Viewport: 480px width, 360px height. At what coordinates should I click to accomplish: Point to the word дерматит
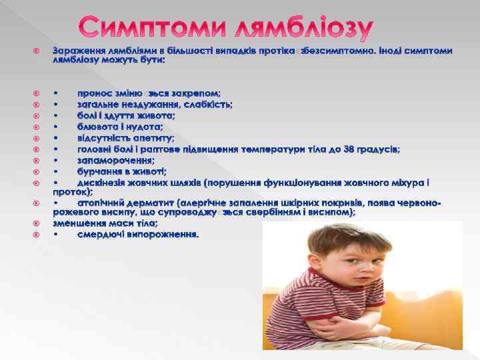click(153, 202)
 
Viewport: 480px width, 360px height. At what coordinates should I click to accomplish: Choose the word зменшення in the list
click(79, 223)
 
